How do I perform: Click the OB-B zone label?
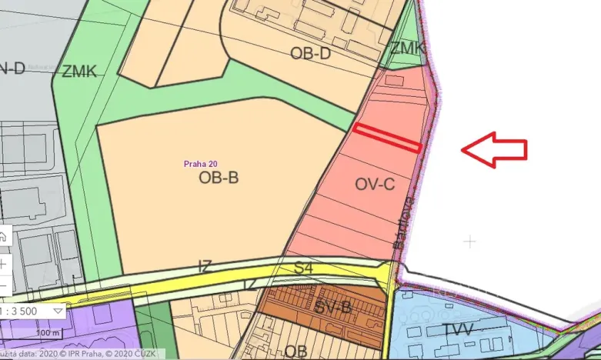(x=219, y=178)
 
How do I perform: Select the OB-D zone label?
(x=310, y=53)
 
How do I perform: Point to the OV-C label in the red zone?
(x=375, y=184)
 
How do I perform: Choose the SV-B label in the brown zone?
(x=333, y=308)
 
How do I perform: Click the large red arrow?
(x=494, y=149)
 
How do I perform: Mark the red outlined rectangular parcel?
(x=387, y=137)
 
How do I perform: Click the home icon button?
(x=3, y=237)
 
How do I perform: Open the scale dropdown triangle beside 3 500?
(x=59, y=310)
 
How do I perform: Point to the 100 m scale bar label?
(x=48, y=332)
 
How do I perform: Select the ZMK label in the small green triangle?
(x=406, y=48)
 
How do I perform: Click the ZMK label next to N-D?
(x=79, y=72)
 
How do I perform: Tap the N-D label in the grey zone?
(x=12, y=68)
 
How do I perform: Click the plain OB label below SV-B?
(x=295, y=351)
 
